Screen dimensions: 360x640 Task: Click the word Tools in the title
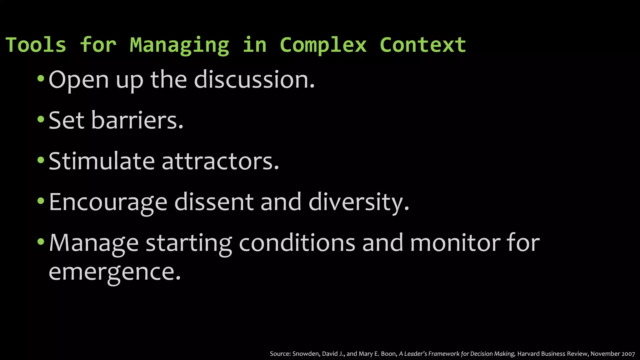(36, 45)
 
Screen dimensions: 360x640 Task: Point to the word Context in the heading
(423, 45)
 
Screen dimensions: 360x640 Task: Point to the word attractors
(220, 162)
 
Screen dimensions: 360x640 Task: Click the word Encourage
(108, 202)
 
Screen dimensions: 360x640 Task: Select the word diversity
(358, 202)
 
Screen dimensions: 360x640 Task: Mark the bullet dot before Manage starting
(41, 242)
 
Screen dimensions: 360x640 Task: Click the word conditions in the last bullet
(297, 243)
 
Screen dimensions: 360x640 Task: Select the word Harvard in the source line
(528, 354)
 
